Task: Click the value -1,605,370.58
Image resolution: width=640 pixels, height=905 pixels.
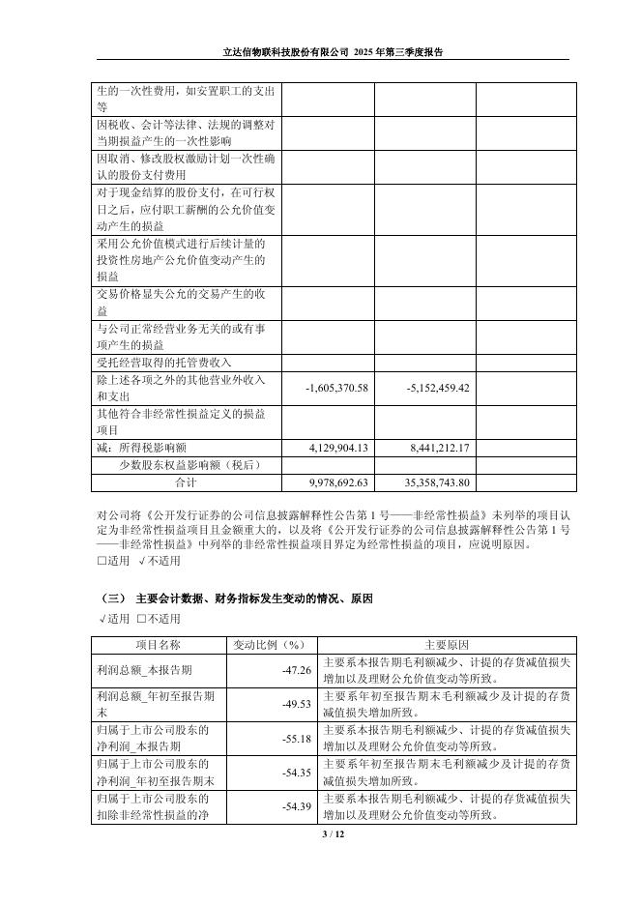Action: point(335,388)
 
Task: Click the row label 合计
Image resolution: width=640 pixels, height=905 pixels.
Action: point(185,481)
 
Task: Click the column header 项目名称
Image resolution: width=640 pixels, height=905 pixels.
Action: point(158,644)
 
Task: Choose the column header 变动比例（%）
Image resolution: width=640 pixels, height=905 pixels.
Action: point(269,644)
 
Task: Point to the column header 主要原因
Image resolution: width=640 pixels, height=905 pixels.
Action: point(446,644)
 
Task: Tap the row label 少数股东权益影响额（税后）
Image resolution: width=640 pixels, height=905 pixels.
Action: point(183,464)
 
